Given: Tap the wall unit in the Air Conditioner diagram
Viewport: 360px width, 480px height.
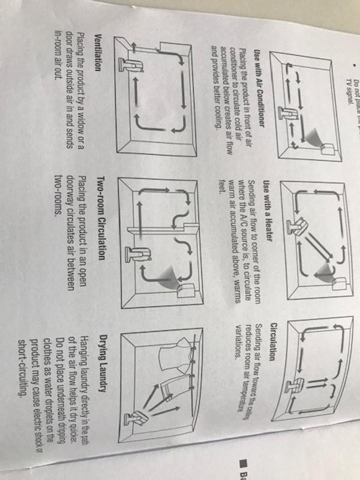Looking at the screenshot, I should pyautogui.click(x=329, y=145).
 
